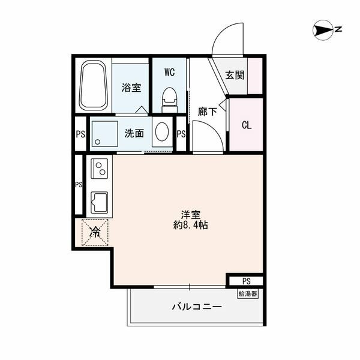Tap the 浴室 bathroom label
[131, 88]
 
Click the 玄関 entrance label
[235, 76]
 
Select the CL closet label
[246, 125]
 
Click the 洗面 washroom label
[134, 133]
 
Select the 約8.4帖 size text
[191, 226]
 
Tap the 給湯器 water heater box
[247, 293]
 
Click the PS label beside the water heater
[246, 281]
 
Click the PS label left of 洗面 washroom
[80, 133]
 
